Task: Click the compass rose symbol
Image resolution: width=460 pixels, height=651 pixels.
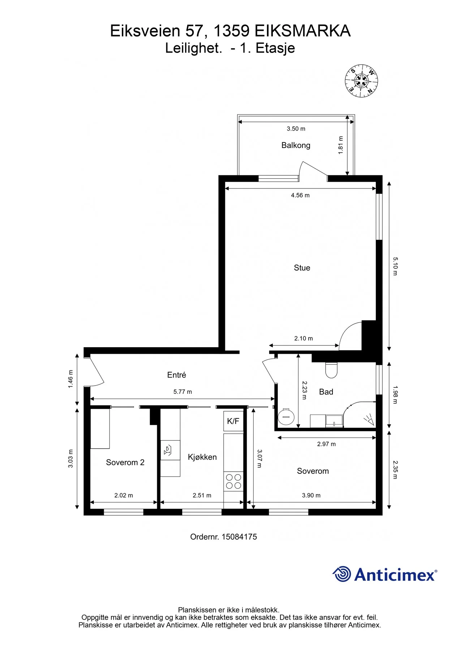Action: (361, 81)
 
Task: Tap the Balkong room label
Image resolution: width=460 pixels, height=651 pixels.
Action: (296, 145)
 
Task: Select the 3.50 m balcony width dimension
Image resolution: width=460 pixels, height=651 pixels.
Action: (296, 129)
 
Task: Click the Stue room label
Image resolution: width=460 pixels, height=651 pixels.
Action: (302, 268)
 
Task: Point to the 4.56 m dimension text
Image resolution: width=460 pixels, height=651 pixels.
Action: (300, 195)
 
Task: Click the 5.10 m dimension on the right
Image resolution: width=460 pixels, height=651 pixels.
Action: (395, 266)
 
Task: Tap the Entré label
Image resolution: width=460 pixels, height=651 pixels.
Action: (176, 375)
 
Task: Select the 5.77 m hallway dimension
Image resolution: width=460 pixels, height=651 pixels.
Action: (182, 392)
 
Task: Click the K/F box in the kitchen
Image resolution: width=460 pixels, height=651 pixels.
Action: (233, 421)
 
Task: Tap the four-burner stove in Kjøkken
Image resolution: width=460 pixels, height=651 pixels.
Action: (233, 481)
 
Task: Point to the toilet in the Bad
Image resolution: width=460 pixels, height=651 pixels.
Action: (331, 370)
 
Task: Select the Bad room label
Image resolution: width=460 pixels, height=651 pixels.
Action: (326, 392)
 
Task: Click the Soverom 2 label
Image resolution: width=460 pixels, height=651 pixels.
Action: (125, 463)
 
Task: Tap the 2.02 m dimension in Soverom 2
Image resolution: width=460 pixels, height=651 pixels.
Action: (124, 495)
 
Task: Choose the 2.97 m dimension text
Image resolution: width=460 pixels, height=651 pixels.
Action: (326, 444)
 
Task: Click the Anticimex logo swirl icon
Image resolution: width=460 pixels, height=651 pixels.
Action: (341, 574)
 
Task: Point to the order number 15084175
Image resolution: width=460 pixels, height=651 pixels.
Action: (239, 537)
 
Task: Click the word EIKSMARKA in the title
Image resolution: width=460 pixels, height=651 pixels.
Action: (302, 31)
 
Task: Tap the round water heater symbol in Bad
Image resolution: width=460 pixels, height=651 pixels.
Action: (286, 416)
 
